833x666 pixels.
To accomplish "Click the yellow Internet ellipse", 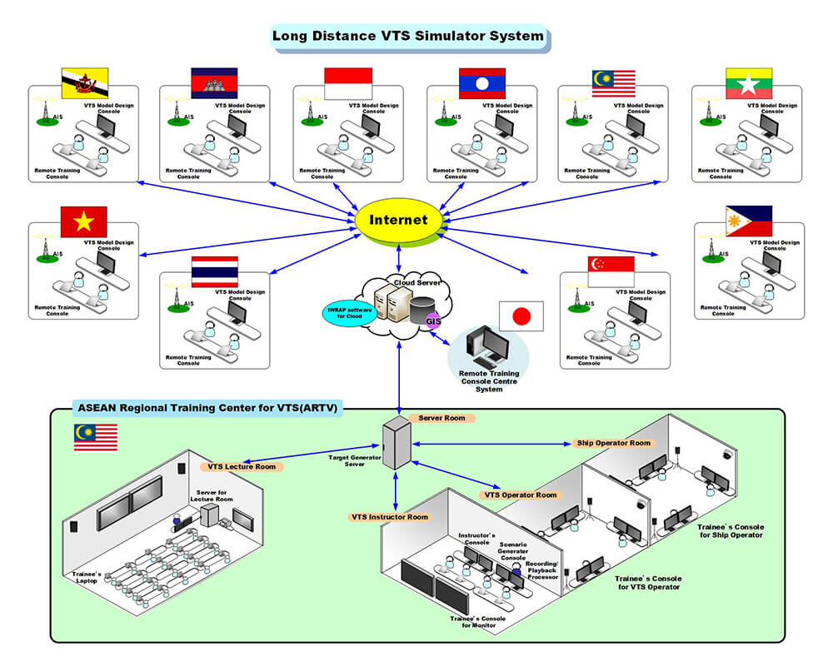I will (398, 221).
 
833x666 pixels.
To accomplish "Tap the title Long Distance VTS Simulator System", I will (408, 36).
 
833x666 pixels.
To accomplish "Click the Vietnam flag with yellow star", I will (84, 222).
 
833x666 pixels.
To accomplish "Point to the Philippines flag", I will (749, 221).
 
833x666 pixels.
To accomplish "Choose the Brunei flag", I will (84, 83).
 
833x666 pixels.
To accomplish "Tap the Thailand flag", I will (215, 271).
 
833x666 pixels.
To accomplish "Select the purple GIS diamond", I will (433, 321).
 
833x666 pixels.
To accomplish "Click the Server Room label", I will (442, 418).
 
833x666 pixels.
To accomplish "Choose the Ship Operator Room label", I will (613, 443).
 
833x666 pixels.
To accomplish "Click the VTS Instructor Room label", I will (390, 517).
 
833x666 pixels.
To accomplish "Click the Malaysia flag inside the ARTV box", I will (95, 437).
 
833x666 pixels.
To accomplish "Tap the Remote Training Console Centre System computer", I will (486, 349).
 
